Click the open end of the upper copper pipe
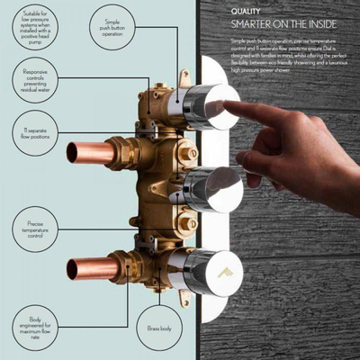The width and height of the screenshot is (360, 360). [x=72, y=152]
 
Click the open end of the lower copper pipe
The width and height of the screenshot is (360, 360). [x=73, y=267]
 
